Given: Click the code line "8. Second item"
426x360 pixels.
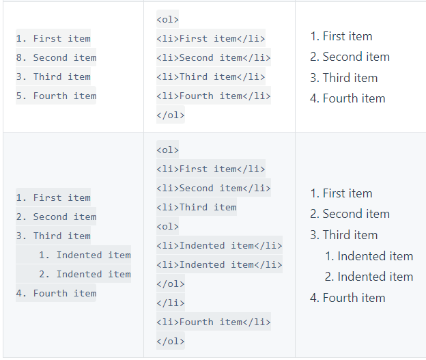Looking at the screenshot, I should coord(56,57).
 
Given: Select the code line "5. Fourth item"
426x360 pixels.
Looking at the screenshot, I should coord(56,96).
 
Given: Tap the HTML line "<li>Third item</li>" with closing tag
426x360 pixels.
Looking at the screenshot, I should coord(213,77).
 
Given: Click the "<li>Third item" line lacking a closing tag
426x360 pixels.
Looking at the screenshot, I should coord(197,207).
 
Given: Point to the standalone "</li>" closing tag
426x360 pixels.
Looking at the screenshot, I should coord(171,303).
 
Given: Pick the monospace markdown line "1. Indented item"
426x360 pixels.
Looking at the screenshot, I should coord(85,255).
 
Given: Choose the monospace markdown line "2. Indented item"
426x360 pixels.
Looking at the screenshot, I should coord(85,274).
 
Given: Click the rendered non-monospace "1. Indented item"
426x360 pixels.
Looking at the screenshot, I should coord(369,256).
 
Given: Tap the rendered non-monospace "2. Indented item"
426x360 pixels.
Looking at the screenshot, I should coord(369,277).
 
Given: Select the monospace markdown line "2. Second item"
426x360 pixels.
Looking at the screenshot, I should coord(56,217).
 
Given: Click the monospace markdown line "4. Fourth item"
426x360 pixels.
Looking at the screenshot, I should coord(56,293).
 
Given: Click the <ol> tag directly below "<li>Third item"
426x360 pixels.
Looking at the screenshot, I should coord(167,226).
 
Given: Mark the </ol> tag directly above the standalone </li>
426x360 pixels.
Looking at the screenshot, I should coord(171,283).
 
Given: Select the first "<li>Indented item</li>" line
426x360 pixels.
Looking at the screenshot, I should coord(219,245).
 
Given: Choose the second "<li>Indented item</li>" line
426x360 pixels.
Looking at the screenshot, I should coord(219,264).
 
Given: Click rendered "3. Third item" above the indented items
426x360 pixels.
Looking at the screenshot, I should coord(343,235).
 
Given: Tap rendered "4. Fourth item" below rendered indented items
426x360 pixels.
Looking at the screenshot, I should coord(347,298).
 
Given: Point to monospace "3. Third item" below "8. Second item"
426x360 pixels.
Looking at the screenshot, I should coord(53,77).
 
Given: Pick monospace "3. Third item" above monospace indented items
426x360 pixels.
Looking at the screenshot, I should coord(53,236).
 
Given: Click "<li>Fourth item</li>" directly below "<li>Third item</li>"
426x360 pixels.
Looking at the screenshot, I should coord(213,96).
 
